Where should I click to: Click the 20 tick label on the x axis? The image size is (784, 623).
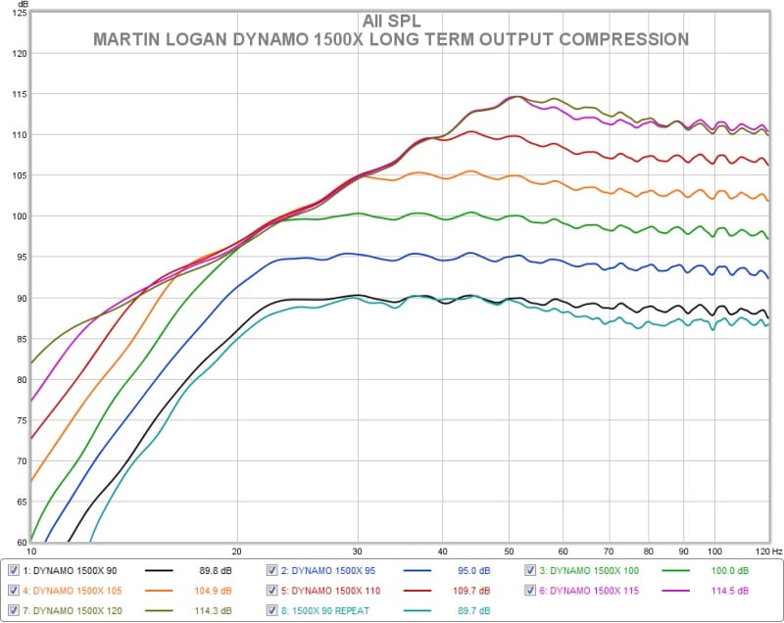click(236, 552)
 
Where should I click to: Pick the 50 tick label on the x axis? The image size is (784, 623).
click(509, 552)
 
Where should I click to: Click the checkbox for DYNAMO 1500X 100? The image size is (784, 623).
click(531, 570)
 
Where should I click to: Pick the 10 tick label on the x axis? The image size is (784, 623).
click(31, 552)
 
